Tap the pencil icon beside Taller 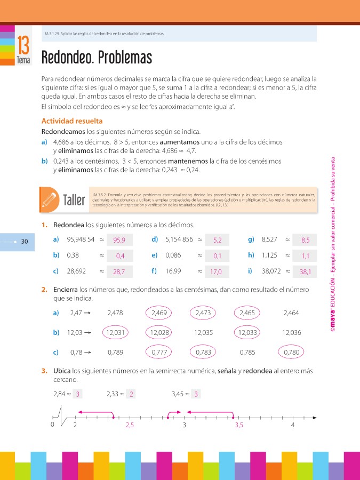pyautogui.click(x=49, y=198)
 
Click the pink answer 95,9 pyautogui.click(x=119, y=241)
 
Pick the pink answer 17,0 pyautogui.click(x=216, y=272)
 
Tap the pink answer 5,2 pyautogui.click(x=217, y=241)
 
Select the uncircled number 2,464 pyautogui.click(x=291, y=313)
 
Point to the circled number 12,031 pyautogui.click(x=116, y=333)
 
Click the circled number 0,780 pyautogui.click(x=292, y=353)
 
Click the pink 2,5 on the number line pyautogui.click(x=130, y=425)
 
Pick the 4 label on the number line pyautogui.click(x=293, y=425)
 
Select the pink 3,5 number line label pyautogui.click(x=239, y=425)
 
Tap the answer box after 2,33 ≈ pyautogui.click(x=131, y=394)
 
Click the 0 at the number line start pyautogui.click(x=52, y=425)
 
